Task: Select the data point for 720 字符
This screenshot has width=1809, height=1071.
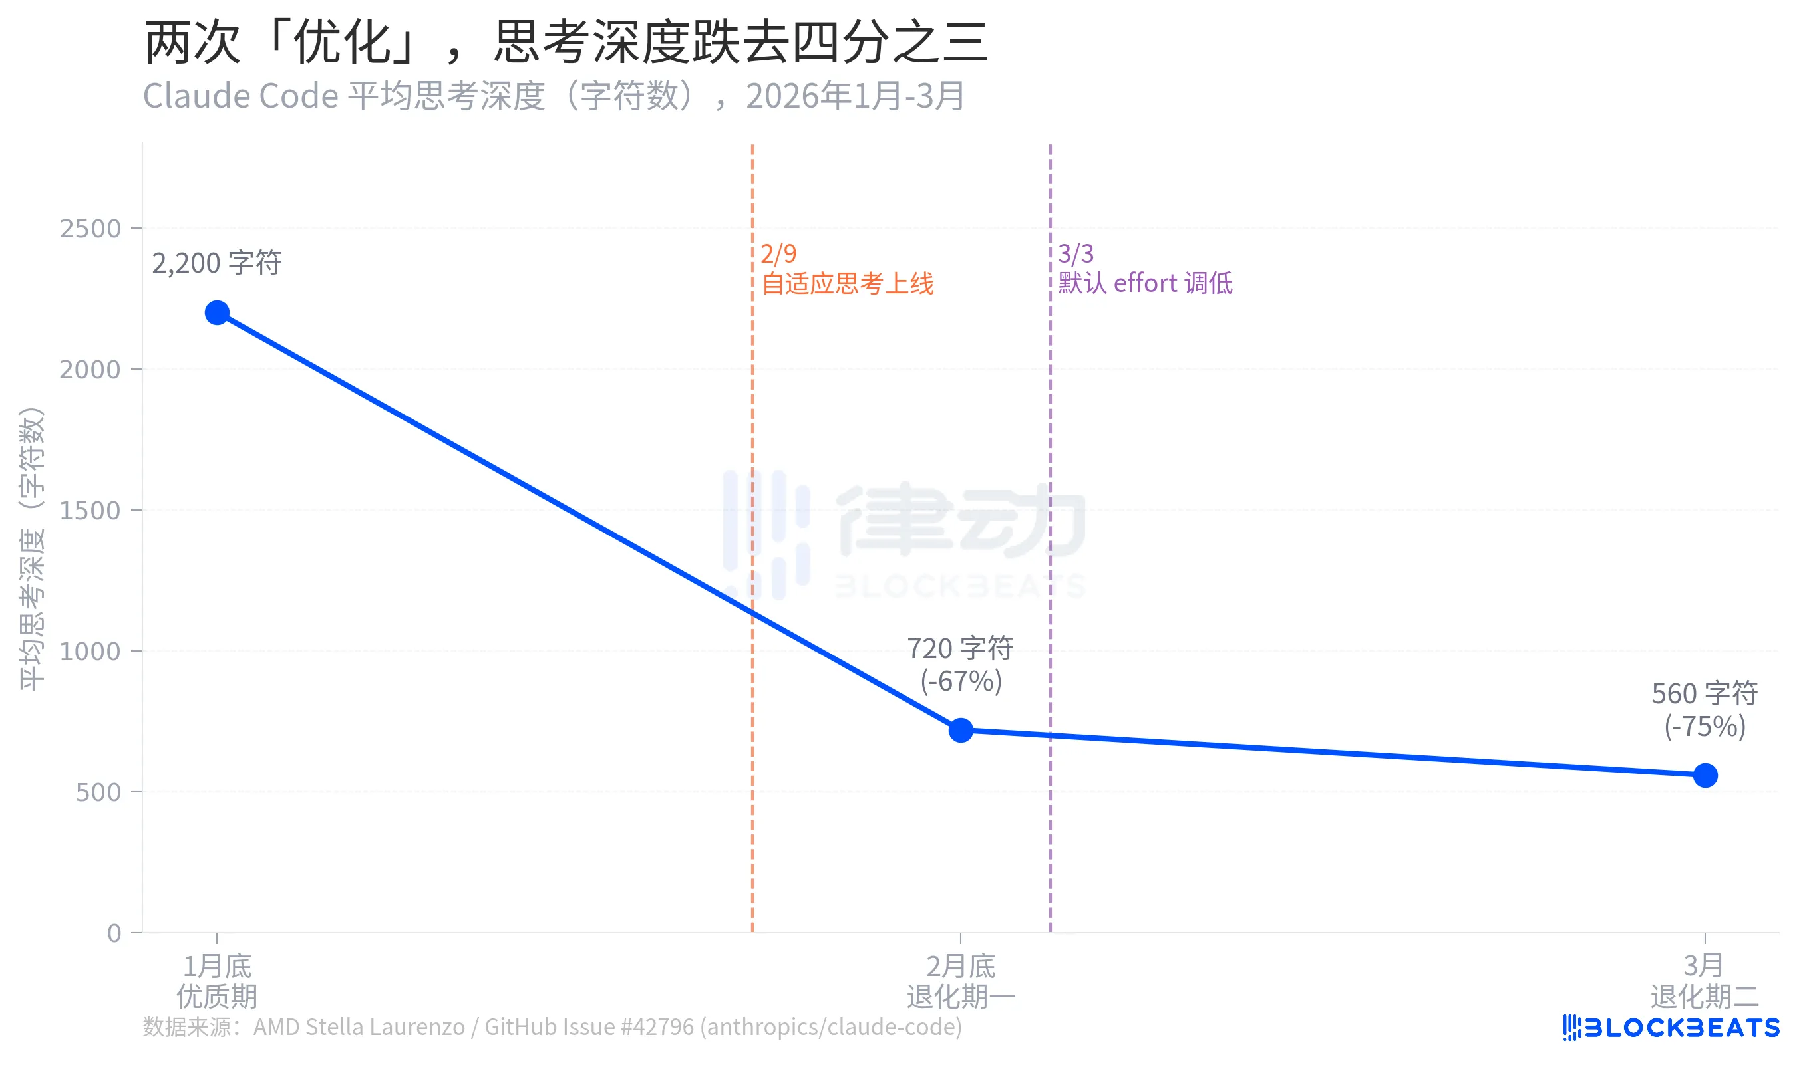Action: coord(961,730)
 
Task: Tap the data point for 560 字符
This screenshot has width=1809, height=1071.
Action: coord(1705,775)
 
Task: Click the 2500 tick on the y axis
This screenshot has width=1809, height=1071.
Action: coord(90,229)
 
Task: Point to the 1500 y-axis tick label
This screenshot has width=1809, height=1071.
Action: coord(90,511)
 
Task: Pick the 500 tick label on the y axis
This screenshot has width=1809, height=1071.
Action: coord(98,792)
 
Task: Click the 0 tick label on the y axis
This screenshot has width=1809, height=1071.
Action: coord(114,933)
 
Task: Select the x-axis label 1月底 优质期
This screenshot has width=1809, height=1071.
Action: coord(217,981)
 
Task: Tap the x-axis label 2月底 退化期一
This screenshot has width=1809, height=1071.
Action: coord(961,981)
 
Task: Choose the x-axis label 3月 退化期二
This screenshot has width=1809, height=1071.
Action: coord(1705,981)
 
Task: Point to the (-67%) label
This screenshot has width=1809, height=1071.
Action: coord(961,681)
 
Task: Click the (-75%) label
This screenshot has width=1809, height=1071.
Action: coord(1705,726)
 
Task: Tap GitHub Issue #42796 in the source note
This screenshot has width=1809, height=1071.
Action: coord(589,1026)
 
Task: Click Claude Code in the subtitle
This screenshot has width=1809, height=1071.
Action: coord(240,96)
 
